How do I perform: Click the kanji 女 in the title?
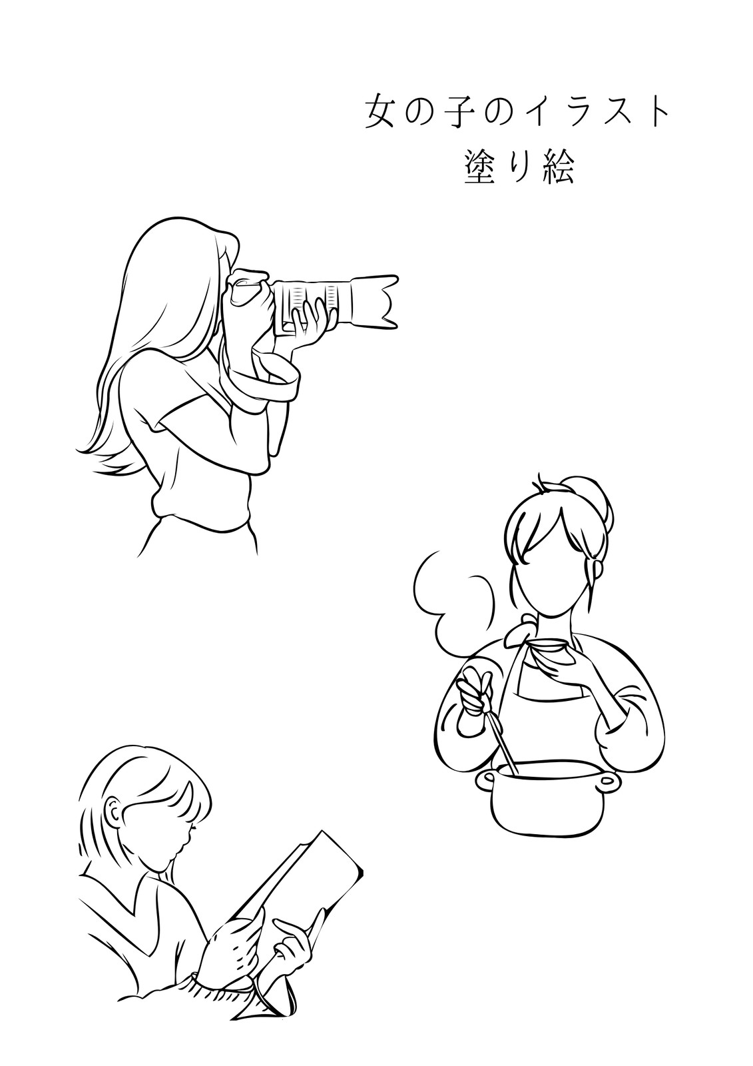[x=379, y=113]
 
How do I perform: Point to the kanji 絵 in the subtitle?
[x=559, y=167]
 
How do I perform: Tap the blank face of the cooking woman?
[x=552, y=571]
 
